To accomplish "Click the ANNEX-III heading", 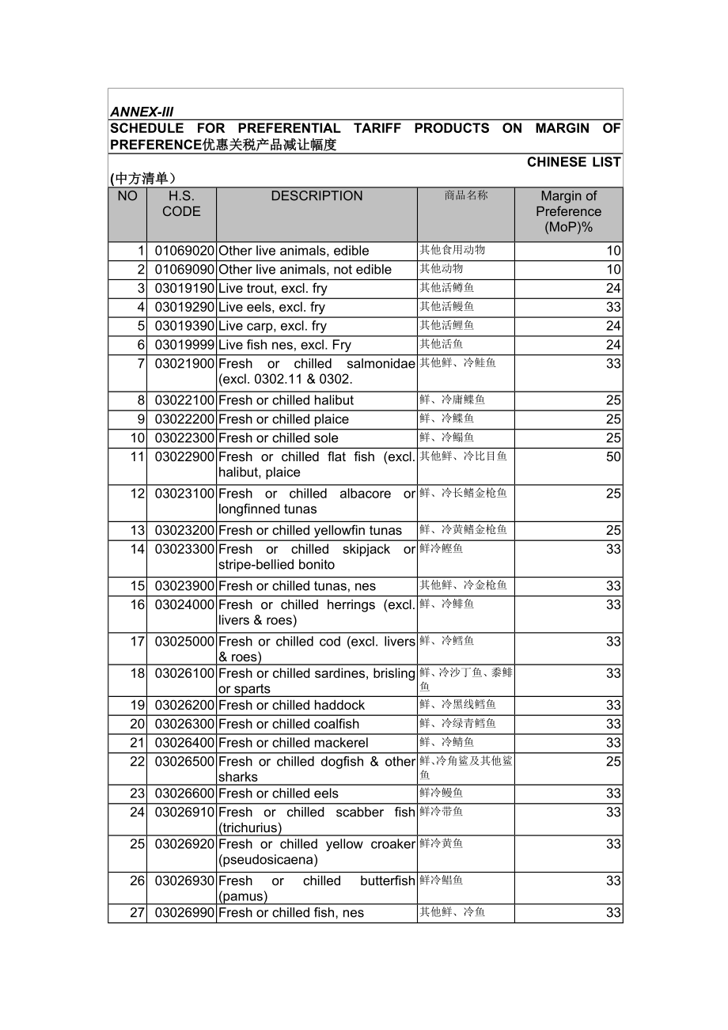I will coord(142,112).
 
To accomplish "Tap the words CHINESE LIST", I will coord(574,162).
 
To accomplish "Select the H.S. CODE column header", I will coord(181,204).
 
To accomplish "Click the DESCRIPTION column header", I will coord(317,196).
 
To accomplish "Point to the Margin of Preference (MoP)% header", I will coord(568,211).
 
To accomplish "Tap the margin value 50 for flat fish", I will coord(613,457).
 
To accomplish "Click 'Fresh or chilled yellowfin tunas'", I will coord(310,531).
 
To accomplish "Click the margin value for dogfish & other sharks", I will coord(613,762).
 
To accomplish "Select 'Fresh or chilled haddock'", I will coord(291,705).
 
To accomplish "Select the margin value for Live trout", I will coord(613,289).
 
